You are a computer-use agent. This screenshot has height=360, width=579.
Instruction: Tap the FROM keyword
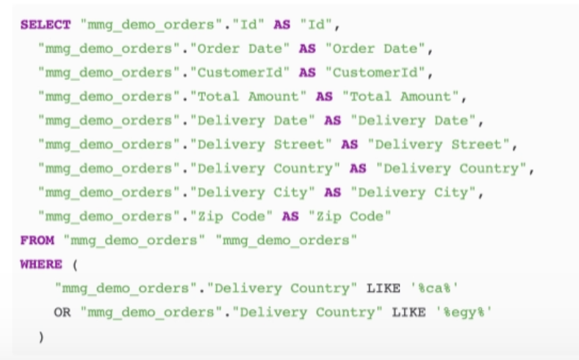tap(37, 240)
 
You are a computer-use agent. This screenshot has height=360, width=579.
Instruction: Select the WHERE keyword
tap(41, 264)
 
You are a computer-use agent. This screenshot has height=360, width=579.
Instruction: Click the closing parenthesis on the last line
tap(41, 336)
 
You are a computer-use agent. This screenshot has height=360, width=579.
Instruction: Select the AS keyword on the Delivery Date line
tap(332, 120)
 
